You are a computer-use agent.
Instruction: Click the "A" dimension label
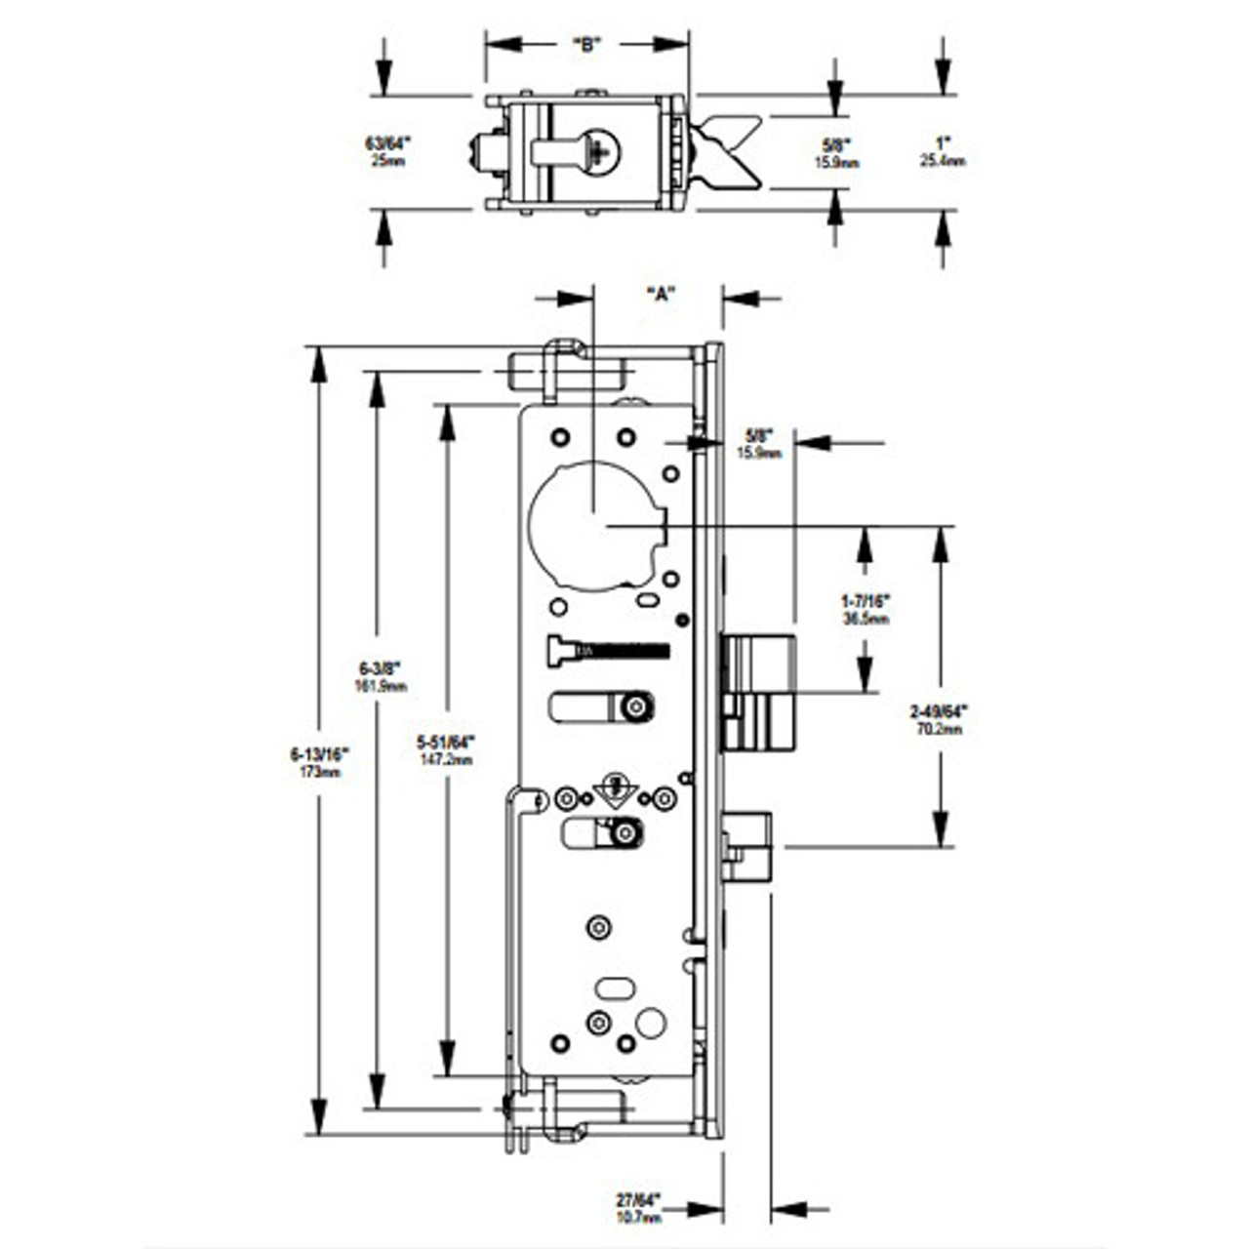click(661, 294)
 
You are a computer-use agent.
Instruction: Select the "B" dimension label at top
click(585, 45)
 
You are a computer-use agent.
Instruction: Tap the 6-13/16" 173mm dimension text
click(319, 761)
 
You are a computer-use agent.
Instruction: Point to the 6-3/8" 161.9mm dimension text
click(381, 676)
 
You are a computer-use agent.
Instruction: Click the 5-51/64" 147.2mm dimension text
click(449, 749)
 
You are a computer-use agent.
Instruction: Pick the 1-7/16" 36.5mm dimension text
click(865, 609)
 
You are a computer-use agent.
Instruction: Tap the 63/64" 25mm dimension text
click(387, 151)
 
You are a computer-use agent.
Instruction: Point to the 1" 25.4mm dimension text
click(942, 151)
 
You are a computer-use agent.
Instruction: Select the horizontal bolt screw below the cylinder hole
click(609, 651)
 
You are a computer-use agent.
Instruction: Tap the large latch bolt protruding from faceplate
click(759, 693)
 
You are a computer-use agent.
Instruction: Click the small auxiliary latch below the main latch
click(747, 845)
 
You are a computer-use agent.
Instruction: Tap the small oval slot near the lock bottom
click(614, 988)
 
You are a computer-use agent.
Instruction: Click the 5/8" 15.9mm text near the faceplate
click(759, 444)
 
